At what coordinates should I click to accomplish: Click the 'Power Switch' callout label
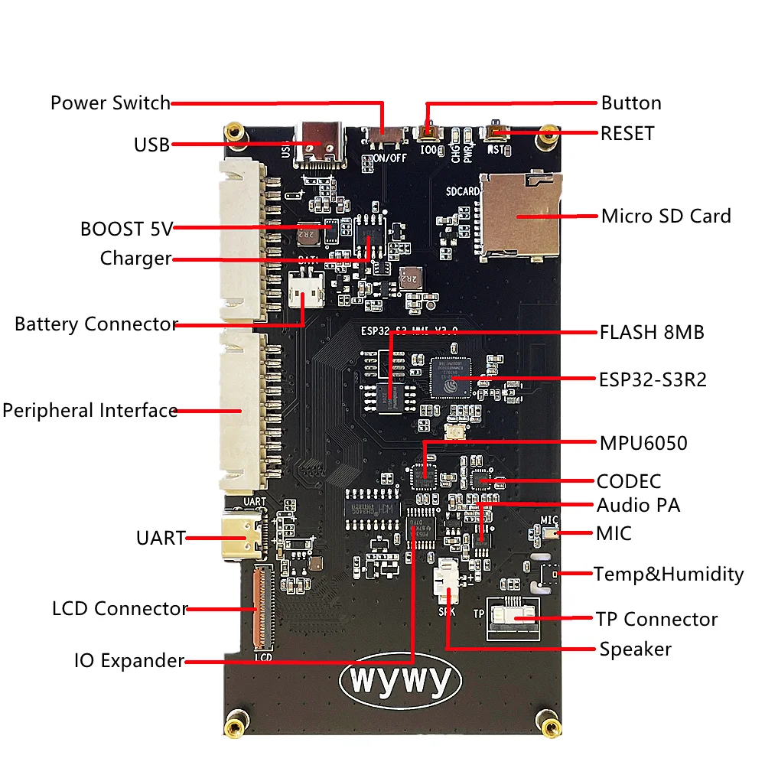[x=110, y=103]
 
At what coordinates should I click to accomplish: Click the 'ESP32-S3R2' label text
[x=653, y=379]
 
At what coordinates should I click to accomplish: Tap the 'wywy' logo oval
[x=400, y=678]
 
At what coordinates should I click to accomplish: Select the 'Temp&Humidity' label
[x=669, y=574]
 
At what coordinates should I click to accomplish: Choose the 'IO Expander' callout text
[x=129, y=660]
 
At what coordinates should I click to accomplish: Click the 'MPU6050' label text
[x=643, y=443]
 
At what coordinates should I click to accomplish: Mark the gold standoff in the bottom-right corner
[x=547, y=721]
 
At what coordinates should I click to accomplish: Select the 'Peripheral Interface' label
[x=90, y=411]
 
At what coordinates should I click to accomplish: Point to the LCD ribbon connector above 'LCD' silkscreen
[x=262, y=608]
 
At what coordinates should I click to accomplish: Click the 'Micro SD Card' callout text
[x=666, y=216]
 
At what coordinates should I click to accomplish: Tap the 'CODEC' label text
[x=629, y=481]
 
